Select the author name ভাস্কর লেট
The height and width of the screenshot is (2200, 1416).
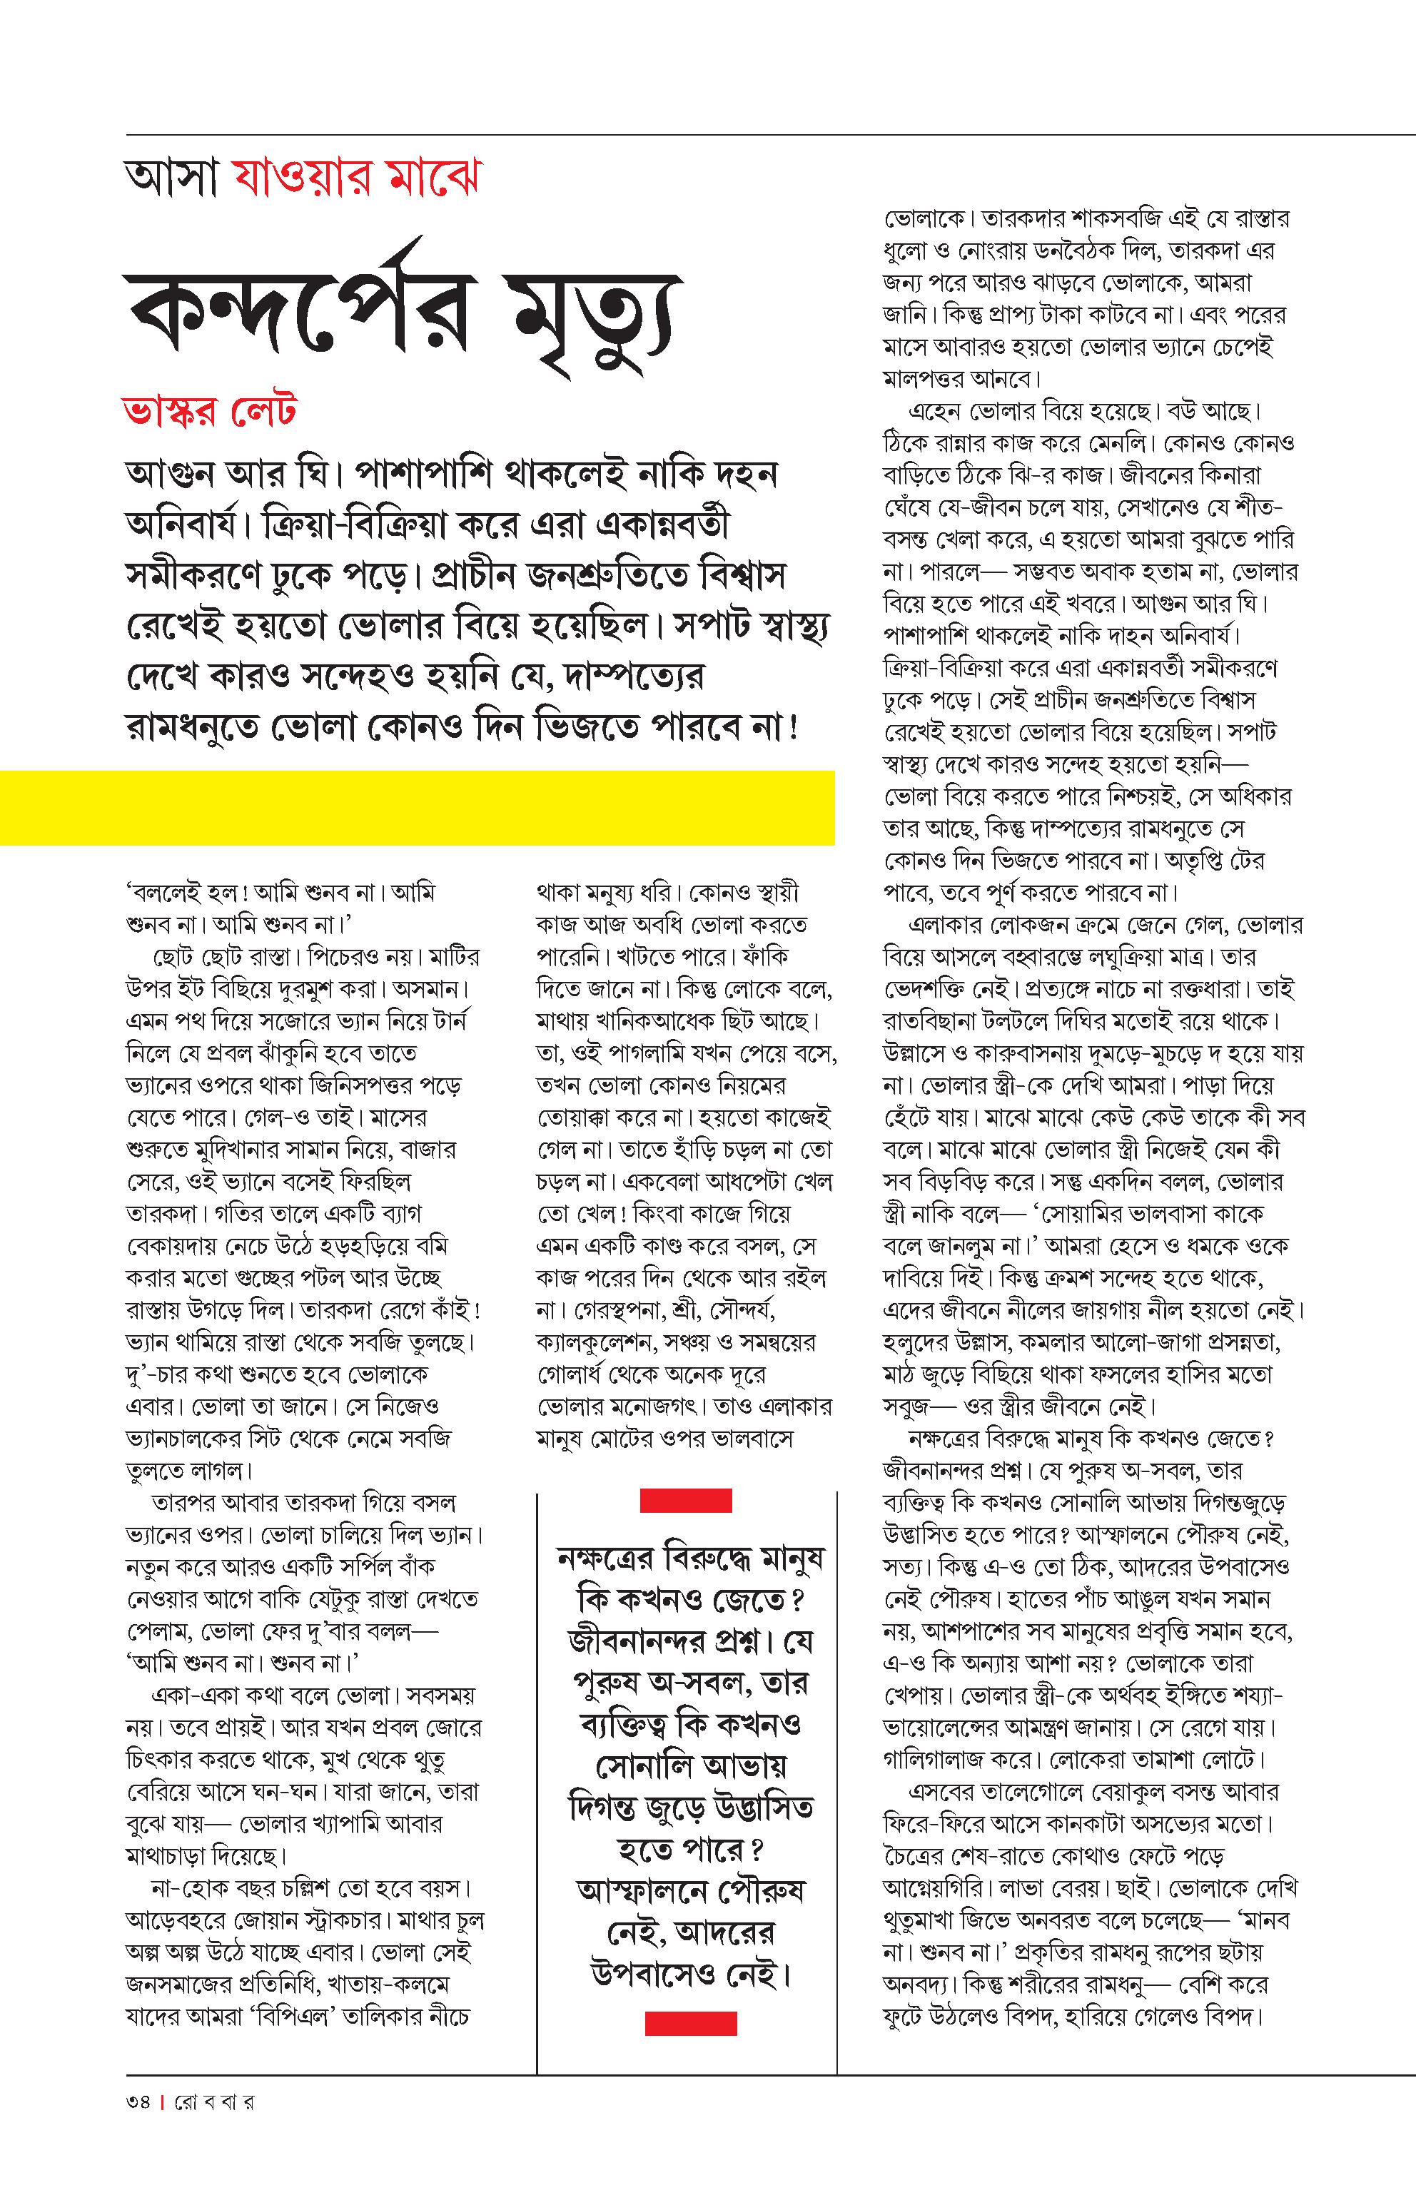coord(210,411)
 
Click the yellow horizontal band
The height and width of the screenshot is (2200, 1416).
coord(417,807)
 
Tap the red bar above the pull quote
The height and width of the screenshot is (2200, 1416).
coord(685,1501)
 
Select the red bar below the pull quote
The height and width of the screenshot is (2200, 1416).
coord(691,2022)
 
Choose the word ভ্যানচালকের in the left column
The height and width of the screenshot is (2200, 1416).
coord(191,1439)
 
